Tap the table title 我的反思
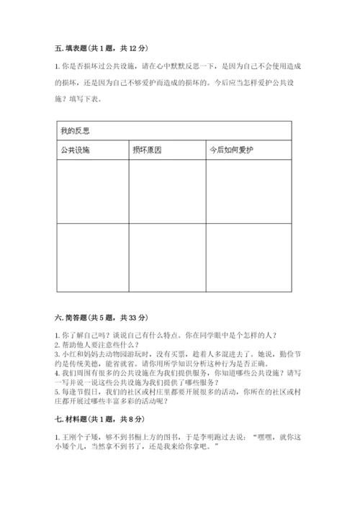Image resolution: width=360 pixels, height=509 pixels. (x=75, y=131)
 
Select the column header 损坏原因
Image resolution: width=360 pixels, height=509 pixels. (x=148, y=150)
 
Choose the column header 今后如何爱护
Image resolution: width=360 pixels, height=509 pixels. (x=233, y=150)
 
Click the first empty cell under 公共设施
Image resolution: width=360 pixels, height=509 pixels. (x=91, y=192)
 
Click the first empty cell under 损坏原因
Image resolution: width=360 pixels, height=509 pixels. (x=167, y=192)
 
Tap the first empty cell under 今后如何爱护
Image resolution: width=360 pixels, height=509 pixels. (x=248, y=192)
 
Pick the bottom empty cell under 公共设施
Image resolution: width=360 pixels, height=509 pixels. (x=91, y=257)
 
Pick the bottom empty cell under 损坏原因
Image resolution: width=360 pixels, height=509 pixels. (x=167, y=257)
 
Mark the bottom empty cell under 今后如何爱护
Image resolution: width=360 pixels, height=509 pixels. (x=248, y=257)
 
